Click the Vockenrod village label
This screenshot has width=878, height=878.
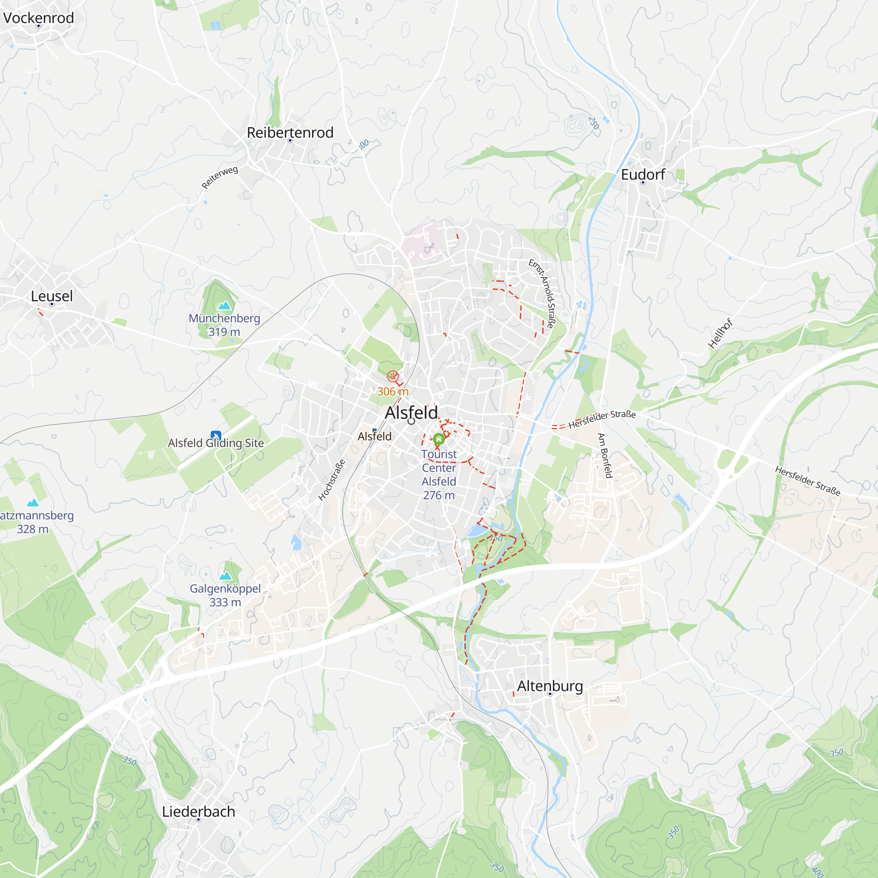click(x=39, y=18)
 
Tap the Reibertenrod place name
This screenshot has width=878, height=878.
click(x=290, y=132)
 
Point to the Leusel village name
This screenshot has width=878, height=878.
click(x=52, y=296)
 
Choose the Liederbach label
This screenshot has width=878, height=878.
click(x=198, y=811)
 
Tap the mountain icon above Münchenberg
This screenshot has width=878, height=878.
click(x=224, y=306)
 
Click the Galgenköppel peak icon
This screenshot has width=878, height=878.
click(x=225, y=576)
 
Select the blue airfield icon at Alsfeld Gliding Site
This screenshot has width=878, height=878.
click(x=216, y=435)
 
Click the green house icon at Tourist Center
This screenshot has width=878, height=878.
click(x=439, y=439)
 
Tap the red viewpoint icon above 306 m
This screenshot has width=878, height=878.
click(x=392, y=376)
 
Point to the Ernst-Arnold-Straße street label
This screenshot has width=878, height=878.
click(x=542, y=294)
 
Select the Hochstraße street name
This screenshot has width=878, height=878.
click(x=332, y=480)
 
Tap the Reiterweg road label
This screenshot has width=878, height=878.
click(x=219, y=177)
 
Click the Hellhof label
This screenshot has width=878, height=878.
click(x=720, y=334)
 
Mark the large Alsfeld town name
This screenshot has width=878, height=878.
click(x=411, y=413)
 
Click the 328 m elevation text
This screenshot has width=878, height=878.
click(x=33, y=529)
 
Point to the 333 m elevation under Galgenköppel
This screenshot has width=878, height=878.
click(x=225, y=602)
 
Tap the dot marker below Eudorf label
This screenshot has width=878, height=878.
click(x=643, y=183)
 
